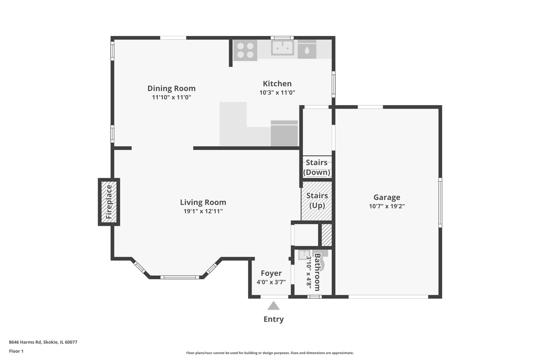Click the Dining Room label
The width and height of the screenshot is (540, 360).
click(x=171, y=88)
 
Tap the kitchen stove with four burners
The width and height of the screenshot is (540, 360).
click(x=245, y=50)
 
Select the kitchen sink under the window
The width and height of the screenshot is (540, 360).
click(x=282, y=48)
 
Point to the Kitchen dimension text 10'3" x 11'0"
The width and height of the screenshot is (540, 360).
click(x=277, y=92)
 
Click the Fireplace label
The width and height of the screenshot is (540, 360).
click(x=109, y=202)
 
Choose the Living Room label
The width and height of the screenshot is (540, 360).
click(x=203, y=202)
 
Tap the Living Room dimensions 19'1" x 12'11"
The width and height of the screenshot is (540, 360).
click(x=203, y=211)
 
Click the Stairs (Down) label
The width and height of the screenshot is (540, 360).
click(x=317, y=167)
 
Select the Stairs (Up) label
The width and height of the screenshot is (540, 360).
click(x=317, y=200)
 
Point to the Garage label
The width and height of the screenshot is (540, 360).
click(x=387, y=197)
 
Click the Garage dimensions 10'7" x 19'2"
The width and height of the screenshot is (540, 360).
click(x=387, y=206)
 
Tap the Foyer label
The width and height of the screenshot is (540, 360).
click(x=271, y=273)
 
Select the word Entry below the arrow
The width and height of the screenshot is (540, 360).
click(x=273, y=319)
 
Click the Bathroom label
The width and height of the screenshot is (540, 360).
click(x=317, y=272)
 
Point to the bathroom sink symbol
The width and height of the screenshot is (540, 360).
click(x=304, y=255)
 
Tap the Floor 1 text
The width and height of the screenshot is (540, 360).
click(x=16, y=351)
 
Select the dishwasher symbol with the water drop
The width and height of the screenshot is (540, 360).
click(x=307, y=49)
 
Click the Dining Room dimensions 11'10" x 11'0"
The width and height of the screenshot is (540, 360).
click(x=171, y=97)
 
